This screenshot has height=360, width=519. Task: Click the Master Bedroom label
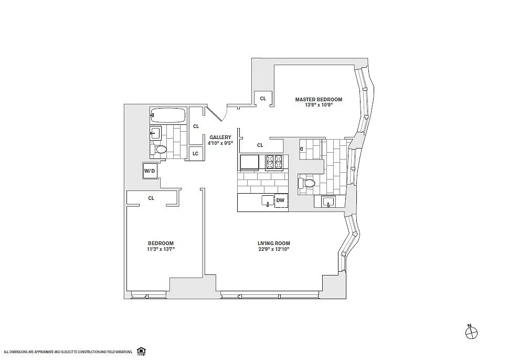point(319,99)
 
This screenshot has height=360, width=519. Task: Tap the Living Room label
point(274,243)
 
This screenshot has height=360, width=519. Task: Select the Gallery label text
point(220,137)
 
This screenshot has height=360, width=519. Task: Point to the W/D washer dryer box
point(150,171)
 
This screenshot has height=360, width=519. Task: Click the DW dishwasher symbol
point(281,200)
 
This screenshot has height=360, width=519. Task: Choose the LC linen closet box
point(195,154)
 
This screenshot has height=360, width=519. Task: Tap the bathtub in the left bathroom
point(167,115)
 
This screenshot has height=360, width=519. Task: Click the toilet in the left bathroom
point(158,149)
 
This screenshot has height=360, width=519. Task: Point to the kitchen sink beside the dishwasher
point(268,200)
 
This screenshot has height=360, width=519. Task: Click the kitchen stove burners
point(274,162)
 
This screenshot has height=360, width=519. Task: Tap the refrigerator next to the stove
point(250,163)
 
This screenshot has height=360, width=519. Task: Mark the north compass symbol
point(471,332)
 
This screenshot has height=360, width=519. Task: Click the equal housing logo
point(141,351)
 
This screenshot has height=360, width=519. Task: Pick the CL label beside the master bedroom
point(263,98)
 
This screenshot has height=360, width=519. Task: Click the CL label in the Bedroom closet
point(151,198)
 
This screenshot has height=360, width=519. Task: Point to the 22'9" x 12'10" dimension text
point(274,249)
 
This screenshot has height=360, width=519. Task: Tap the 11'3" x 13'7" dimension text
point(161,249)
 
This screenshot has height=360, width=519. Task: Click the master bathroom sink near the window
point(329,202)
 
